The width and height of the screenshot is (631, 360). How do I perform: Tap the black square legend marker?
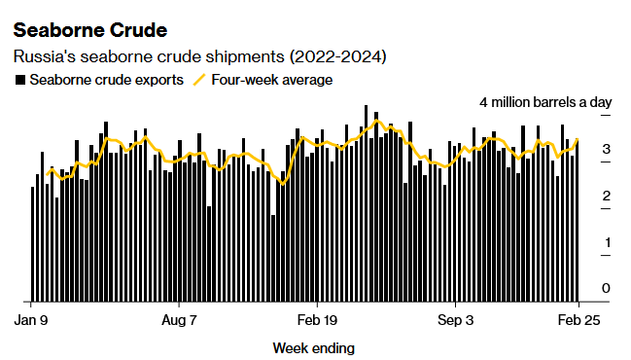point(19,80)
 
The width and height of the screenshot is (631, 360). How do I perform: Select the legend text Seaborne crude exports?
point(106,80)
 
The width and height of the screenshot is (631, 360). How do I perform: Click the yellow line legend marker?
point(200,80)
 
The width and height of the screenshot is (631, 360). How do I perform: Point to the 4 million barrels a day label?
point(545,102)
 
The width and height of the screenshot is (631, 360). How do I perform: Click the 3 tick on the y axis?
point(606,150)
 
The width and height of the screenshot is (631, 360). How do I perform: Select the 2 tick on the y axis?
point(606,197)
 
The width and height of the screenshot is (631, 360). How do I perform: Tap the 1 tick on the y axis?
point(606,242)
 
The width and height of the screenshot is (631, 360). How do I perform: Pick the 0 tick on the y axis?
point(606,288)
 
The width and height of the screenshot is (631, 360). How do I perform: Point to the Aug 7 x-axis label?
point(178,319)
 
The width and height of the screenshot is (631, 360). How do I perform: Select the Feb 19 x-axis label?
point(316,319)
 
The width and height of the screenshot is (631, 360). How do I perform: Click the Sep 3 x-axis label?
point(456,319)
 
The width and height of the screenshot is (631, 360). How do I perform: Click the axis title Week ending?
point(313,347)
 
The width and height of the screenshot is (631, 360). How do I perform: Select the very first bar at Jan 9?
point(33,243)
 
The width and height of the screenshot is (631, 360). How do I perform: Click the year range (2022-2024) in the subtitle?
point(340,57)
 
